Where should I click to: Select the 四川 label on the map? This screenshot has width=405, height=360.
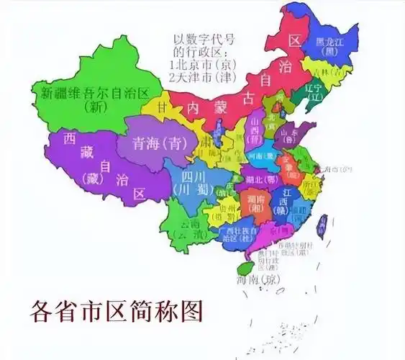click(x=189, y=176)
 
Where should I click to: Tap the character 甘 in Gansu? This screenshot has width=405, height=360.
click(x=168, y=106)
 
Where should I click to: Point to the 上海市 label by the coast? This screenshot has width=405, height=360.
click(x=336, y=168)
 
